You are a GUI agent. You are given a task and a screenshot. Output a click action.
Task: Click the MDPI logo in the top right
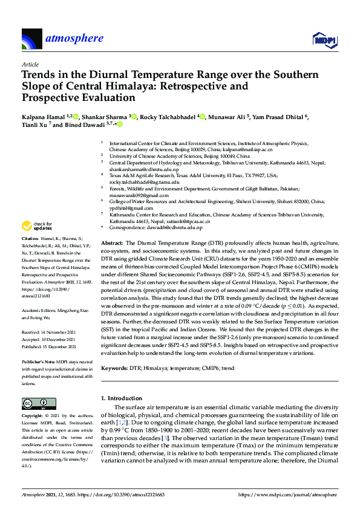324,40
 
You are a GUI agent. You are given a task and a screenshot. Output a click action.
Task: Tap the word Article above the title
30,64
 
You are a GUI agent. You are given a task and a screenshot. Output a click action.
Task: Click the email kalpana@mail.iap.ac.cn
244,149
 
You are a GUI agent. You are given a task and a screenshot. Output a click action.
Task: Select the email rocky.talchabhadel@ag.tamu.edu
140,181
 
